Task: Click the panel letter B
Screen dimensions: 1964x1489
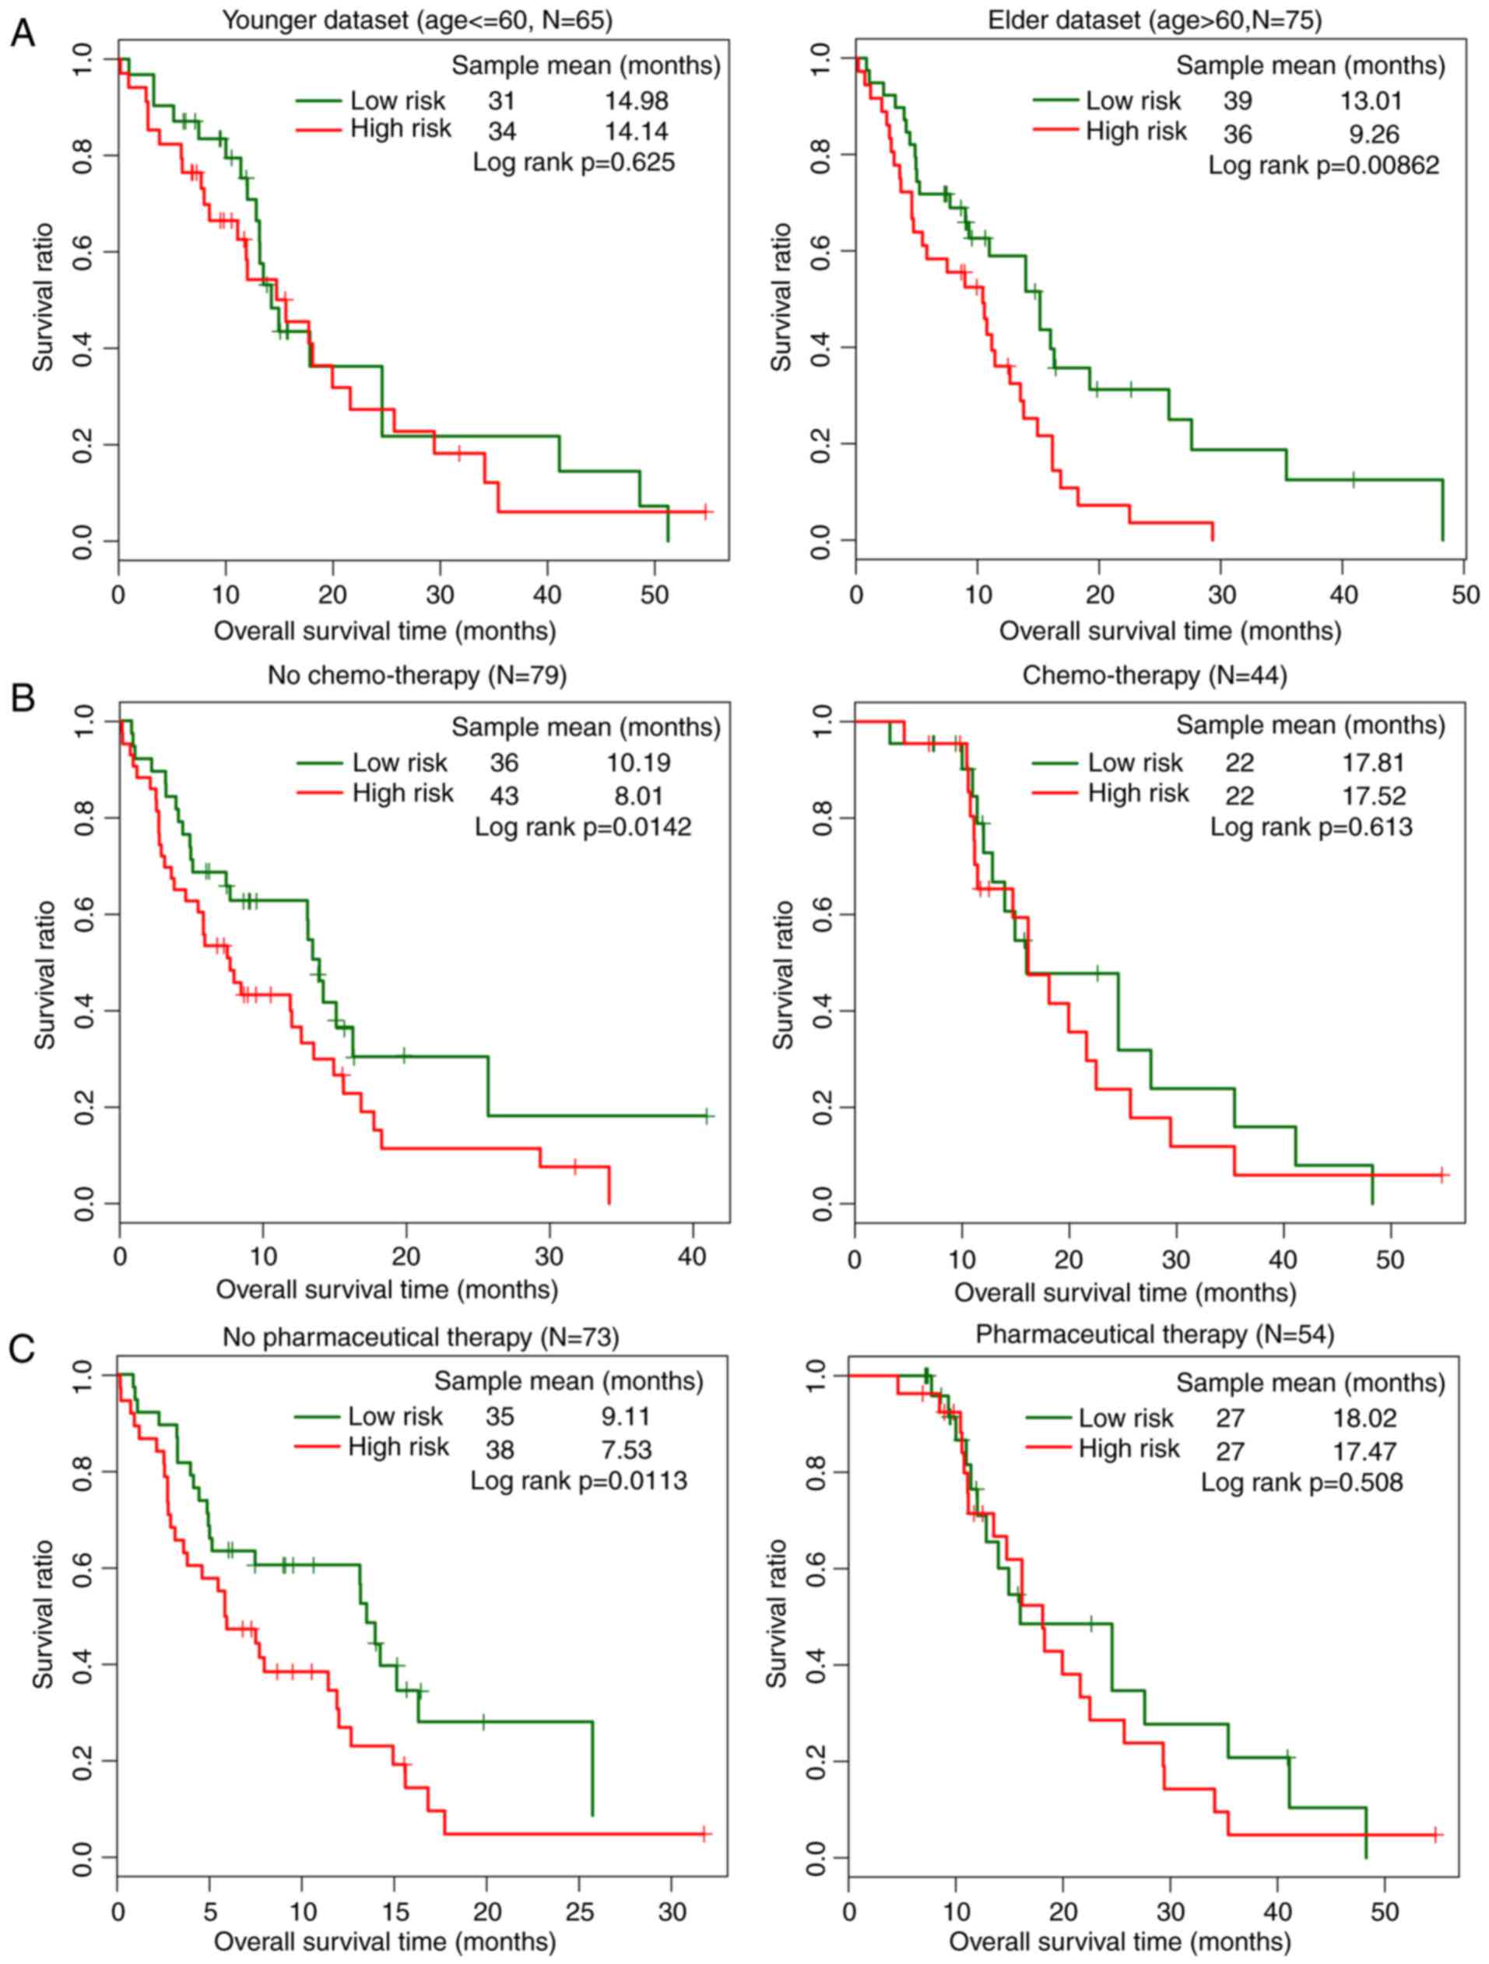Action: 23,697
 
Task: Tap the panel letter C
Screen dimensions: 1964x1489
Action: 23,1348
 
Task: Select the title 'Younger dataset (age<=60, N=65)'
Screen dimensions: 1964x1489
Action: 416,19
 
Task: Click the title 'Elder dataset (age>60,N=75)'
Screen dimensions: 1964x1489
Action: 1154,19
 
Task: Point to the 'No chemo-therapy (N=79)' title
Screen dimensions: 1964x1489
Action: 416,675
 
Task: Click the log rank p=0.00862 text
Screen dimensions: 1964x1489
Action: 1323,165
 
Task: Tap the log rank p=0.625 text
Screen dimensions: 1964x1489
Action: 574,163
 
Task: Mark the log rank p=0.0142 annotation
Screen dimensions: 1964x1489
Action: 582,826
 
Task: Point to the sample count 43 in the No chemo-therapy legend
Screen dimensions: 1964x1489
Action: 504,795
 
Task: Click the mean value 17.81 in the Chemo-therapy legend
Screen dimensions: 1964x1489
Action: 1373,763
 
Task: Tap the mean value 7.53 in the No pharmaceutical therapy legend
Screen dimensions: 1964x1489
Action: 626,1450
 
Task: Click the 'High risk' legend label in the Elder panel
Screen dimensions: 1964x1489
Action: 1136,132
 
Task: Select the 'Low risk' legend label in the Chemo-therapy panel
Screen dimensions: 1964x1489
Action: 1135,763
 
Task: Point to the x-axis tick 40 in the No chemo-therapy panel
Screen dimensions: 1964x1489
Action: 693,1257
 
